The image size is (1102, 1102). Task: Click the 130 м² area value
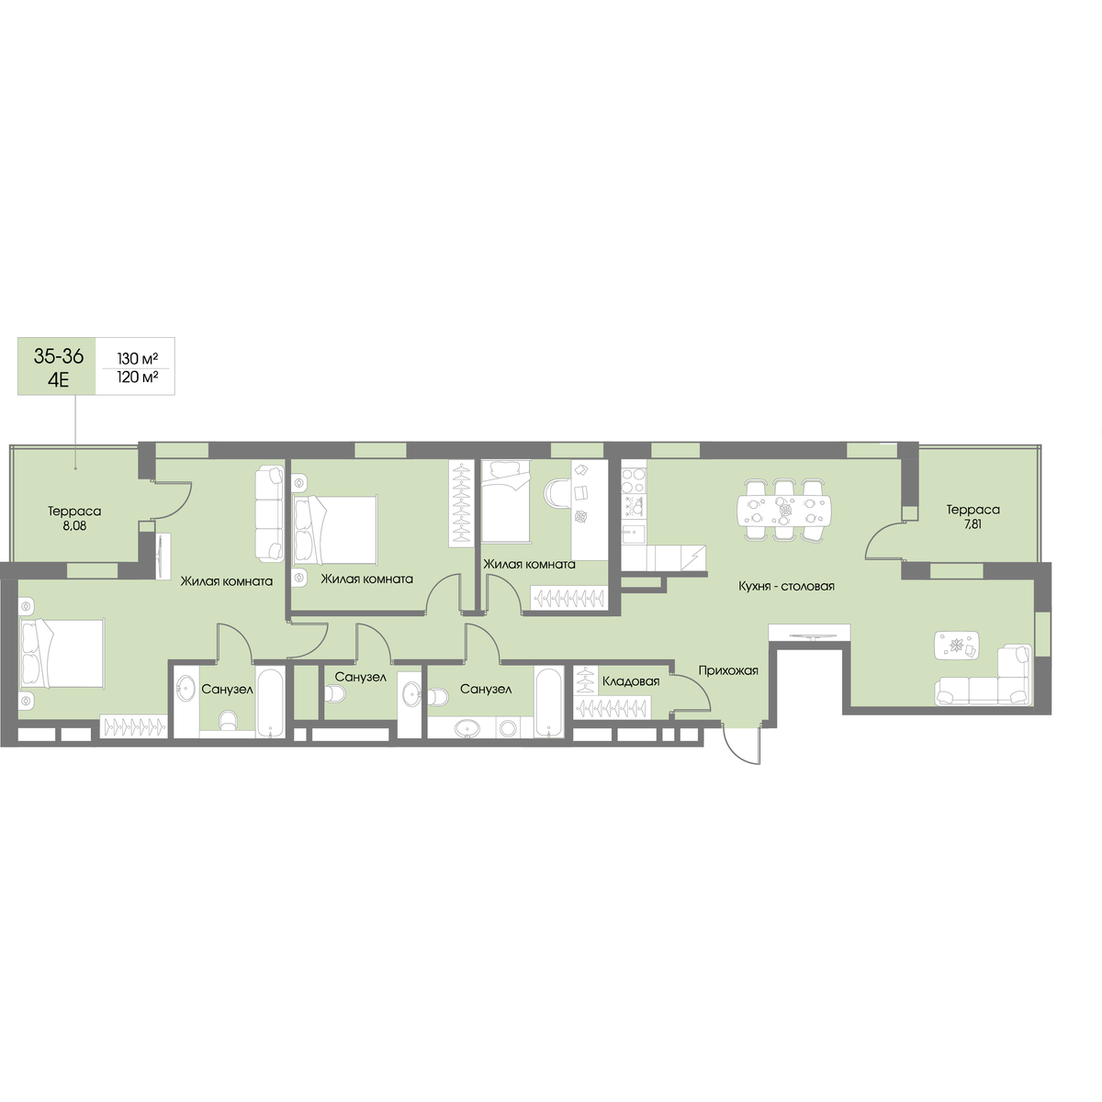click(137, 358)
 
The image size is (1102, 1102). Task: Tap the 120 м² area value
click(137, 377)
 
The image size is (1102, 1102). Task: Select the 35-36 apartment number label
click(59, 356)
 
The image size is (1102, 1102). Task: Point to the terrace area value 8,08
click(74, 525)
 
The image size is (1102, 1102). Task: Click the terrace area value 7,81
click(973, 523)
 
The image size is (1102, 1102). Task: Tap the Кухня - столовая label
click(786, 586)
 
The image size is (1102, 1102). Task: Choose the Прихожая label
click(728, 670)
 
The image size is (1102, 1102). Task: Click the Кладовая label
click(631, 681)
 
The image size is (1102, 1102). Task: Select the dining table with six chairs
click(783, 510)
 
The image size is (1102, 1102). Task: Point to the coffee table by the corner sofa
click(957, 646)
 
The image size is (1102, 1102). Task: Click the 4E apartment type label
click(59, 379)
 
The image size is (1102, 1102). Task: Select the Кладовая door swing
click(692, 693)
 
